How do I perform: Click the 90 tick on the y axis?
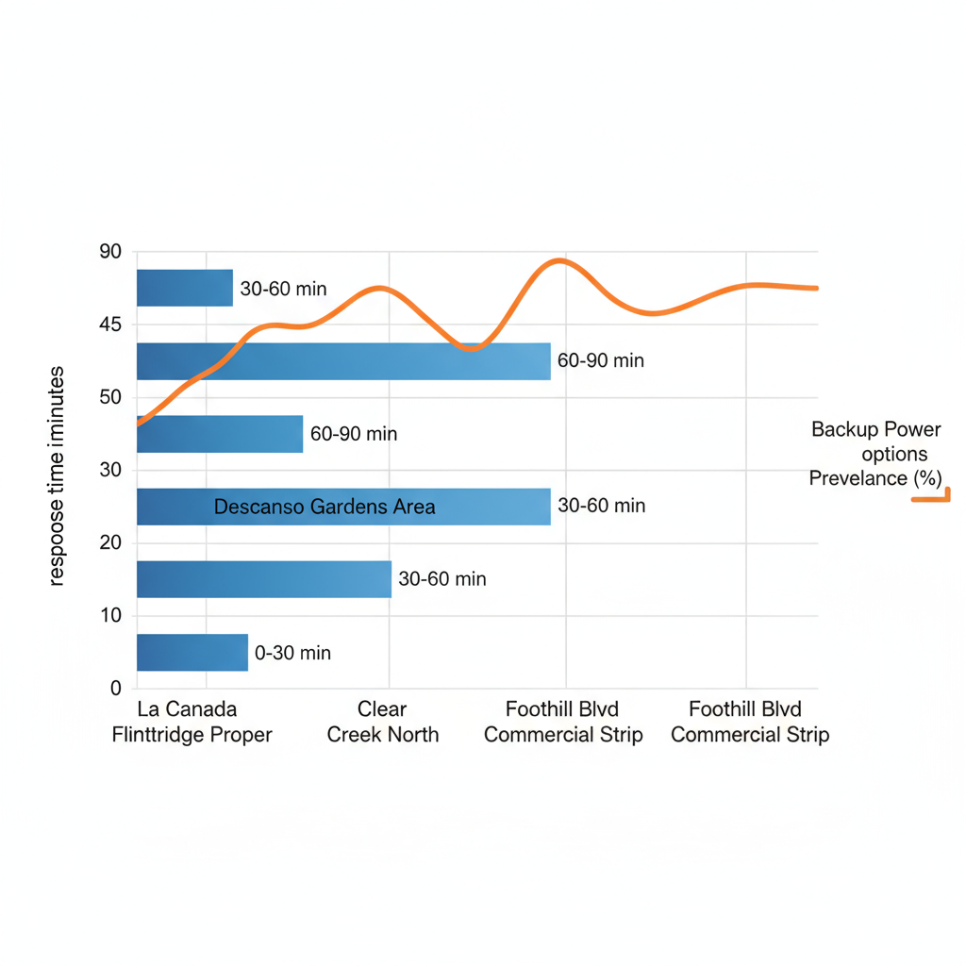tap(110, 252)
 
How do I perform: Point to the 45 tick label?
tap(110, 325)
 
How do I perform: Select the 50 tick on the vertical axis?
tap(110, 397)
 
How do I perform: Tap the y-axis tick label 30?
tap(110, 470)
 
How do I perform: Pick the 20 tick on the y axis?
tap(110, 542)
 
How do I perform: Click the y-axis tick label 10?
tap(110, 615)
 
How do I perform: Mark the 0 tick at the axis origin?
tap(116, 688)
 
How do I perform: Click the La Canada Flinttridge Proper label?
tap(192, 722)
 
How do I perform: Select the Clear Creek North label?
tap(382, 722)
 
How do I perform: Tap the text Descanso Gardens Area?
tap(325, 507)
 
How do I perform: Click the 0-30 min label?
tap(292, 653)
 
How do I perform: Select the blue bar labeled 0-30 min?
tap(192, 652)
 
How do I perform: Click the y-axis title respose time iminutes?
tap(57, 476)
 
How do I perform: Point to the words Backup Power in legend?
tap(875, 430)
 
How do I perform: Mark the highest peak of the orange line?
tap(560, 259)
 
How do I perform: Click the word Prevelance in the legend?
tap(857, 478)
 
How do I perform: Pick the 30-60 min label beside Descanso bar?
tap(601, 506)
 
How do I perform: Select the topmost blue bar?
tap(184, 288)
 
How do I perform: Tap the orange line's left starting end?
tap(139, 425)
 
